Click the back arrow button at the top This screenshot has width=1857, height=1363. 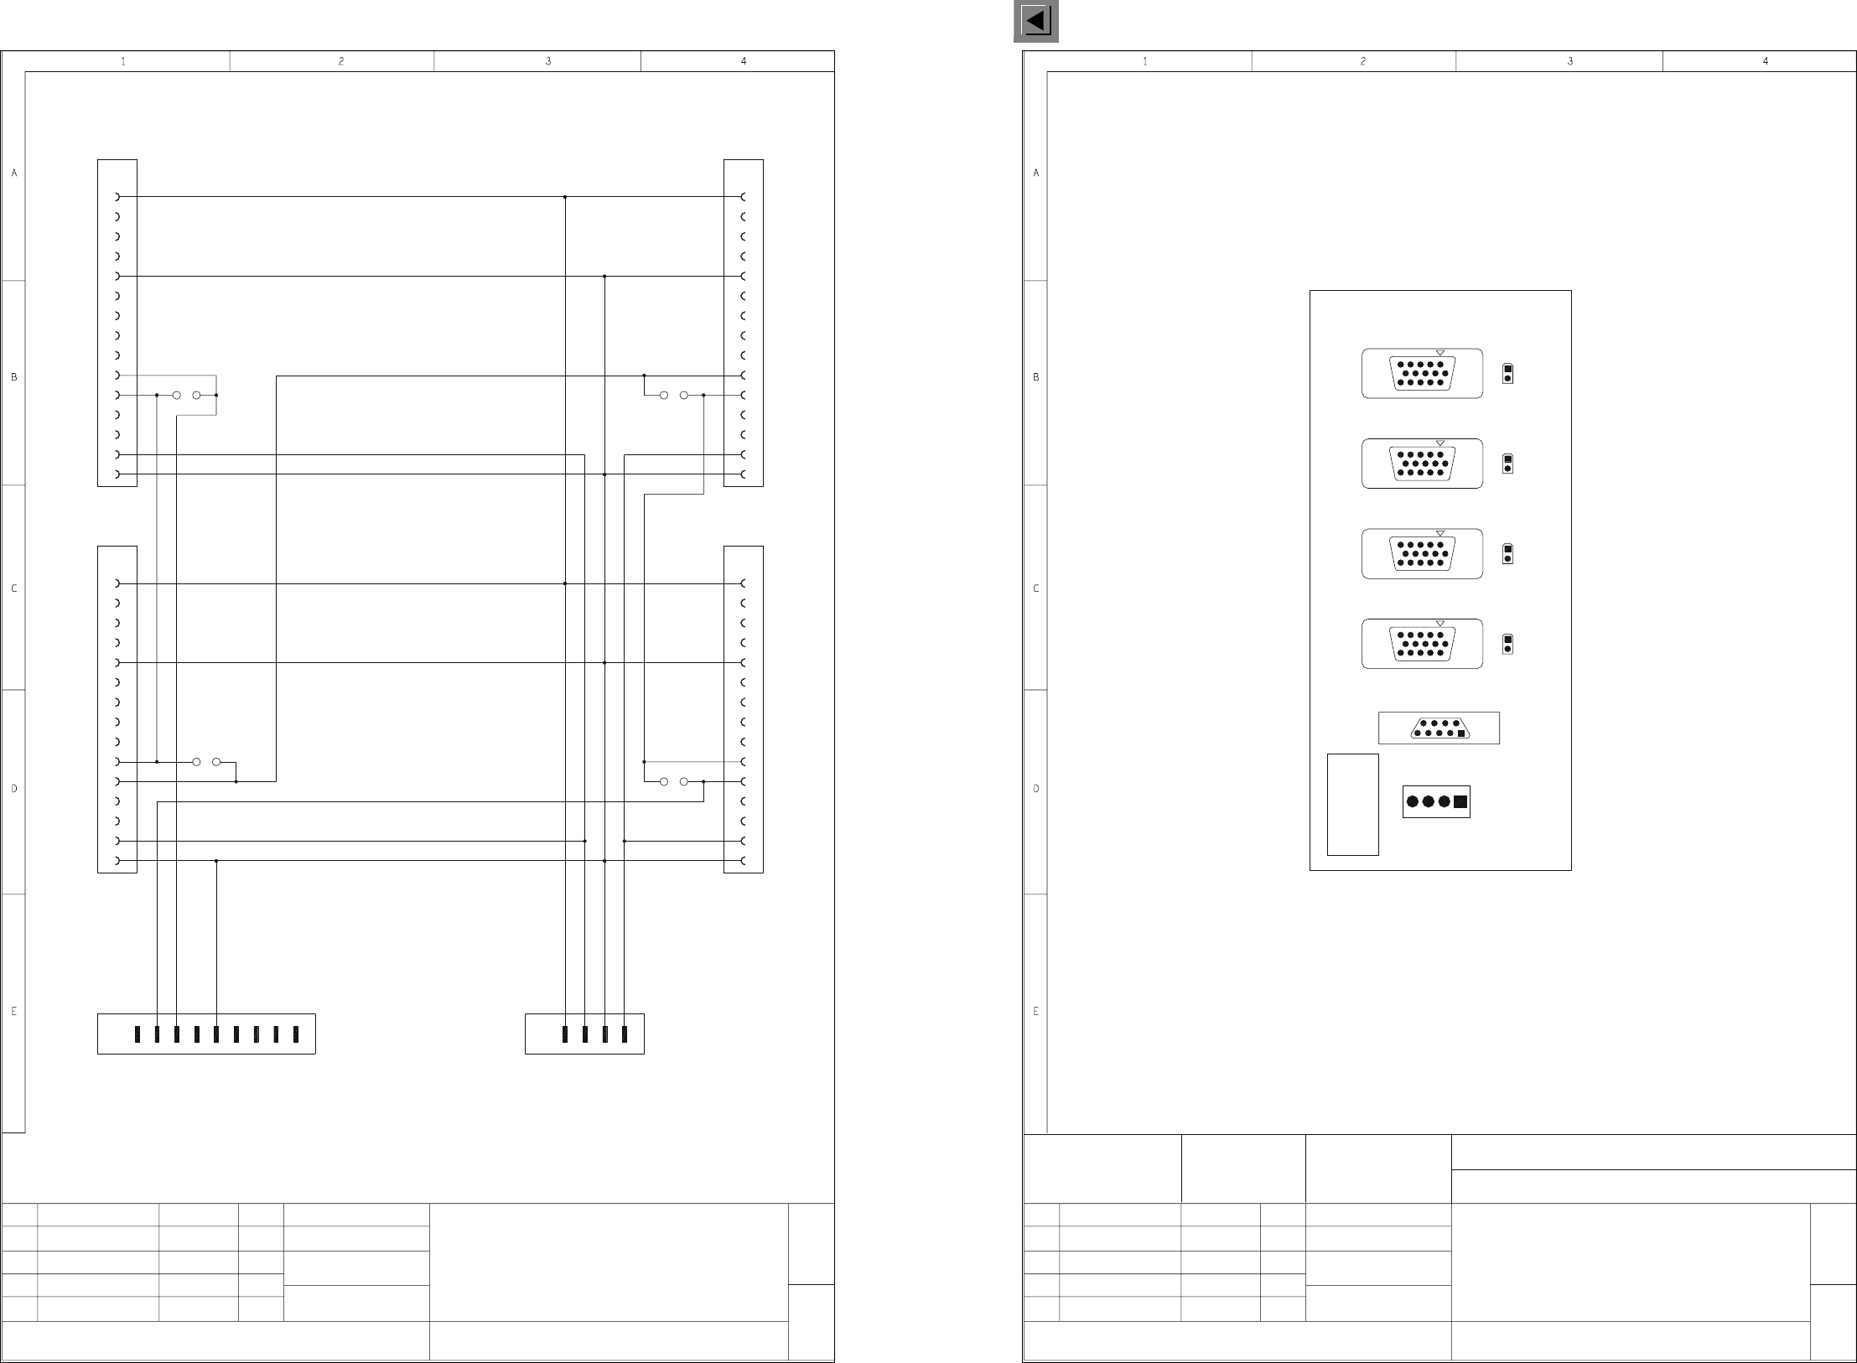click(x=1035, y=21)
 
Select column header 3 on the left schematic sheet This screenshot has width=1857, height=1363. click(x=548, y=61)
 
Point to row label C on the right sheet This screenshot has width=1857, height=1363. click(x=1036, y=588)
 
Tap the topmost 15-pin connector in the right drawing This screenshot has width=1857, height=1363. click(x=1422, y=373)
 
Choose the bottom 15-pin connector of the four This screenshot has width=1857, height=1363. click(x=1422, y=644)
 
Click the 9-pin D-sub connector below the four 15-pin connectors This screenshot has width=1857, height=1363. click(x=1439, y=728)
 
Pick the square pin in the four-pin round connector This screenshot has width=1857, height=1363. click(x=1460, y=801)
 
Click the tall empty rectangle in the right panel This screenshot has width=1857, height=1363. click(x=1352, y=804)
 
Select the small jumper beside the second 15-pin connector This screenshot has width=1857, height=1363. click(x=1507, y=464)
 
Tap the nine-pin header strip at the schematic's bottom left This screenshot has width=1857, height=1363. click(x=206, y=1034)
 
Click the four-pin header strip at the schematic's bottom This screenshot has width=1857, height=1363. click(x=584, y=1034)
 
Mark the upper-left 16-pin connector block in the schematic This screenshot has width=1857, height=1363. click(x=117, y=323)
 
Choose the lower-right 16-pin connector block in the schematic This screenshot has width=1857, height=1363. click(x=744, y=709)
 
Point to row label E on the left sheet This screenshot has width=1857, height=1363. click(x=13, y=1012)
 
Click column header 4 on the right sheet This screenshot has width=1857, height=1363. click(x=1766, y=61)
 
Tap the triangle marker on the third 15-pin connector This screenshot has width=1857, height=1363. click(x=1440, y=533)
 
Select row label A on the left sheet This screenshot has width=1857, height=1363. click(x=13, y=174)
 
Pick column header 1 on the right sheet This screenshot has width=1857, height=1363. click(x=1145, y=61)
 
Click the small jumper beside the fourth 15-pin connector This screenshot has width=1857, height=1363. click(x=1507, y=644)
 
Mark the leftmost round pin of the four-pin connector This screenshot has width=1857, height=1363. click(x=1413, y=801)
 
